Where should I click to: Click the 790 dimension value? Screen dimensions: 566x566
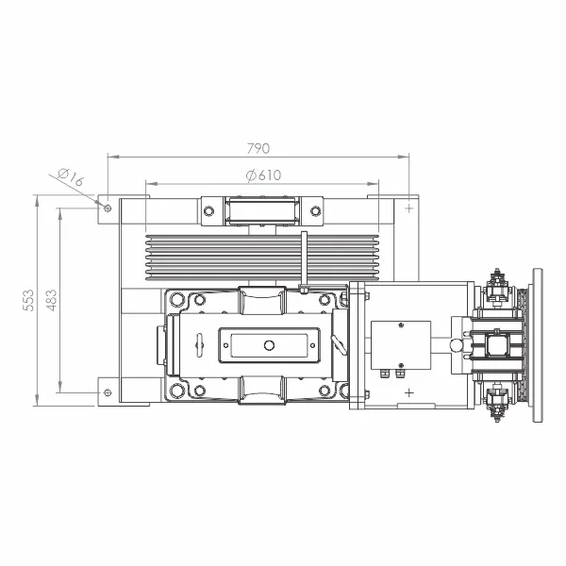point(258,148)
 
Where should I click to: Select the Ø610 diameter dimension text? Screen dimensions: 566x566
point(263,175)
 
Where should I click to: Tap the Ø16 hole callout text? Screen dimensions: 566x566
point(71,176)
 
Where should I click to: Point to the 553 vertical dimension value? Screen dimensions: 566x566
point(27,300)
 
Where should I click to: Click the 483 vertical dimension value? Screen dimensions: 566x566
point(52,300)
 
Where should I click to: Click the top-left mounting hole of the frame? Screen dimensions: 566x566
point(108,208)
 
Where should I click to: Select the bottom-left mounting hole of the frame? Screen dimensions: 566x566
point(108,392)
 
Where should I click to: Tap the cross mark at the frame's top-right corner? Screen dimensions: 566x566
point(409,208)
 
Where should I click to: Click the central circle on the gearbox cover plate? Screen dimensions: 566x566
point(269,345)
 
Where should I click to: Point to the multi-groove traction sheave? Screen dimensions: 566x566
point(262,258)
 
